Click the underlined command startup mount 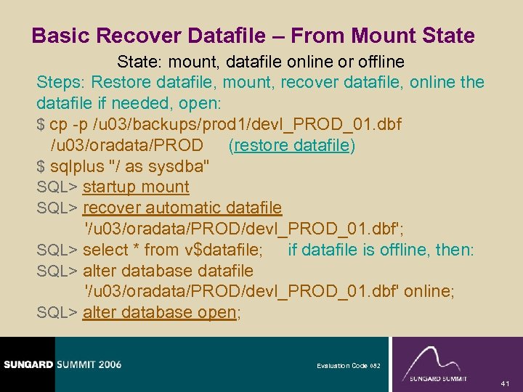136,187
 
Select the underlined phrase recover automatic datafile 182,208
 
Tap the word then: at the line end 454,250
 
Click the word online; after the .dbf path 429,292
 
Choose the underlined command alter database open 160,313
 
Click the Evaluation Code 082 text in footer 348,366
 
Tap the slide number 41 507,383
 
